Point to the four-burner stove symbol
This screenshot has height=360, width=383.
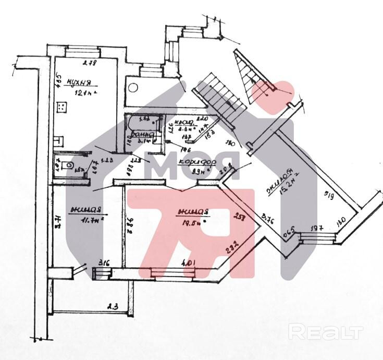62,107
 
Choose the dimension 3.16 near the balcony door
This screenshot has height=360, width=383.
104,262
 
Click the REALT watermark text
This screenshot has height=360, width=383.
326,331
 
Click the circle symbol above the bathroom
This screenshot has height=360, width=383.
133,87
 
